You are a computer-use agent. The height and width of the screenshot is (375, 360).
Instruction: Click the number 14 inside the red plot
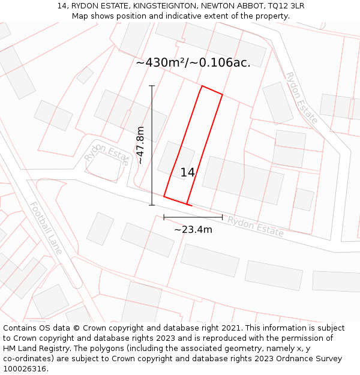[x=188, y=173]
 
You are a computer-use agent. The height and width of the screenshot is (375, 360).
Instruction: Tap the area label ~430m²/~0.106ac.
[x=193, y=62]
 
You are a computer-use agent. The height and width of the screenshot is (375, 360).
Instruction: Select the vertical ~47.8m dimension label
[x=140, y=145]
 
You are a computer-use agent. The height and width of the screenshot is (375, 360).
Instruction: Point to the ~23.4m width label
[x=193, y=229]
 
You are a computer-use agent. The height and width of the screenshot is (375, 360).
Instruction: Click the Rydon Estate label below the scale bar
[x=255, y=226]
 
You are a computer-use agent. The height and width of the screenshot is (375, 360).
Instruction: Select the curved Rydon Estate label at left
[x=107, y=155]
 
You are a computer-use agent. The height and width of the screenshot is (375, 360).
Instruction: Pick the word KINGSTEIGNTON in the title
[x=164, y=6]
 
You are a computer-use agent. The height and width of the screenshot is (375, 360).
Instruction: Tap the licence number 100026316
[x=26, y=369]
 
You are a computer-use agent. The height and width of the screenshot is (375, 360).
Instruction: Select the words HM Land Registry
[x=35, y=349]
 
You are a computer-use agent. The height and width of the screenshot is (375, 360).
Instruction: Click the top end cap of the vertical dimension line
[x=152, y=86]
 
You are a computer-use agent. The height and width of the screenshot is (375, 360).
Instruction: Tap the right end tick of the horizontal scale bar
[x=223, y=217]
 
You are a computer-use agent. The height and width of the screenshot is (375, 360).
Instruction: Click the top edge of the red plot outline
[x=212, y=90]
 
